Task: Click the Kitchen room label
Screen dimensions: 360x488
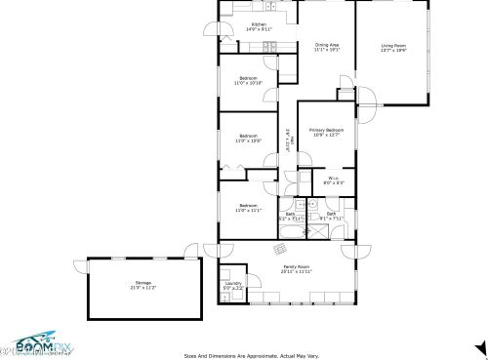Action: [259, 24]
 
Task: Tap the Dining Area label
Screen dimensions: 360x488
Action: [327, 45]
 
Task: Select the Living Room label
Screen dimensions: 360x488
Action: [392, 44]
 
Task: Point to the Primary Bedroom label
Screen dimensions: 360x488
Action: [327, 130]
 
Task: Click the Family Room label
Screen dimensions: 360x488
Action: [297, 265]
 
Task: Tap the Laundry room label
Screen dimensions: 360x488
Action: [232, 283]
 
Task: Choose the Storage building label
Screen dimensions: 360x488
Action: [143, 283]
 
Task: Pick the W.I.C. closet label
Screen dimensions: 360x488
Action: [333, 178]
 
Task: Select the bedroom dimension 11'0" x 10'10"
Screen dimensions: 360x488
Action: [247, 83]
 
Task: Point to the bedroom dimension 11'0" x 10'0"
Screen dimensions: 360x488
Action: [247, 140]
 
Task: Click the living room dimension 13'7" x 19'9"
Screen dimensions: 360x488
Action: [392, 49]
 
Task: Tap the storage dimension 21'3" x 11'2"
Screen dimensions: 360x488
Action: [143, 288]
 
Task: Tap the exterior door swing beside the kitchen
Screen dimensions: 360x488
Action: [222, 37]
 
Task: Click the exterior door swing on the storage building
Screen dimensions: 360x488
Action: [78, 267]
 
